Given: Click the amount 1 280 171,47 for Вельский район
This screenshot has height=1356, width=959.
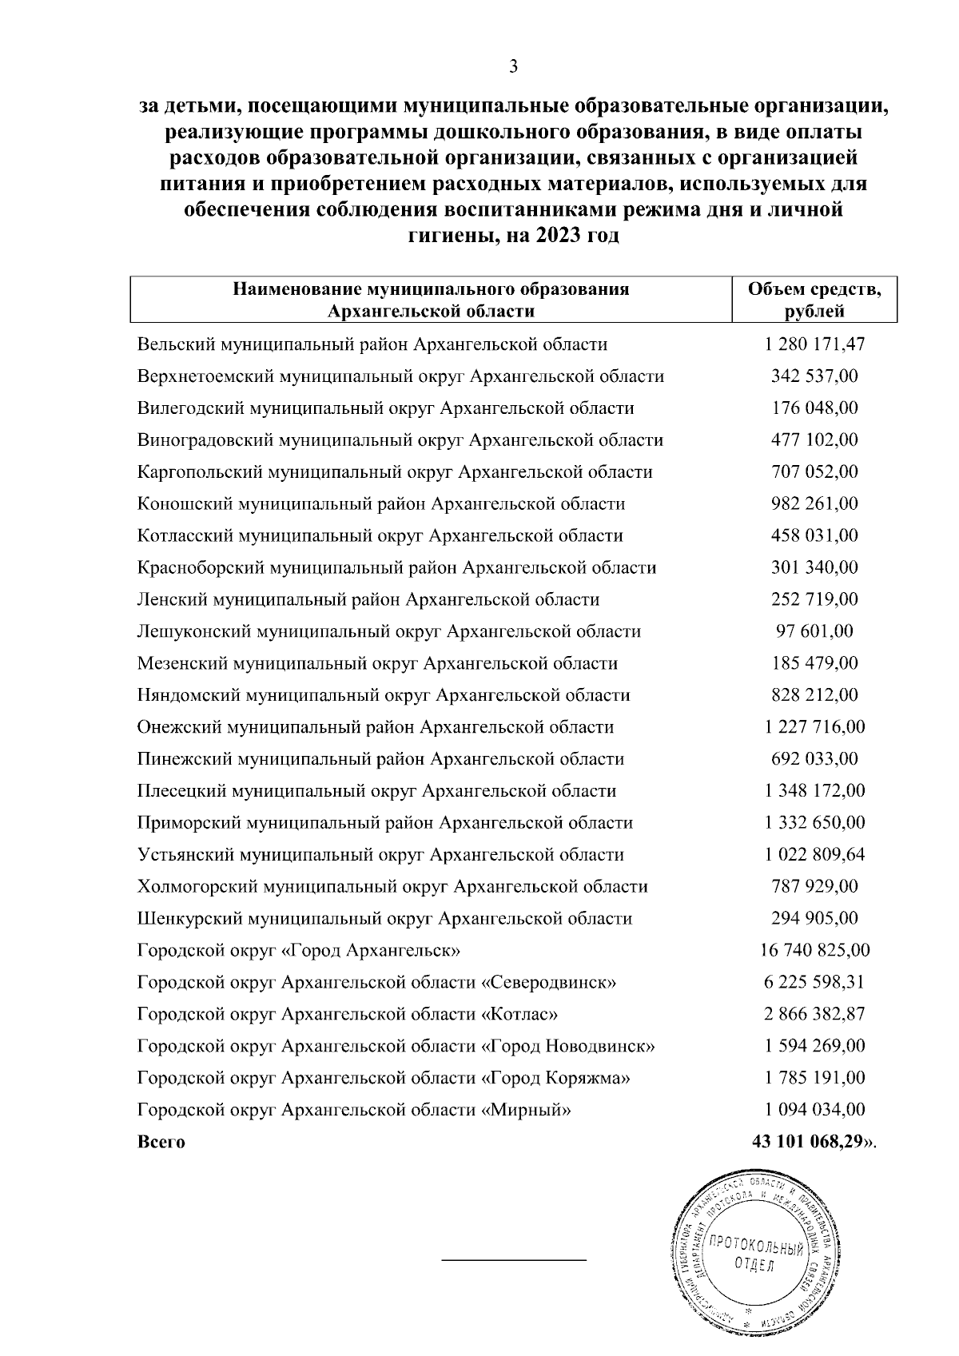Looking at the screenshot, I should point(814,344).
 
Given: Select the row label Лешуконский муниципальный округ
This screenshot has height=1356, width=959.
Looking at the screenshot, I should point(388,631).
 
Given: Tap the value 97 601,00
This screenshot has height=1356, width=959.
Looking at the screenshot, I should point(814,631).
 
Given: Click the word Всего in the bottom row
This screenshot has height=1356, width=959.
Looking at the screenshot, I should point(161,1142).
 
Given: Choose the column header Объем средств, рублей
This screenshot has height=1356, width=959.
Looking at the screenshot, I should point(814,300).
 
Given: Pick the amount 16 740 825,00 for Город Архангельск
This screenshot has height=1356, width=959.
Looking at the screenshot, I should point(814,950).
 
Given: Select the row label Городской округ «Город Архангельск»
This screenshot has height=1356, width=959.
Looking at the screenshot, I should point(298,950).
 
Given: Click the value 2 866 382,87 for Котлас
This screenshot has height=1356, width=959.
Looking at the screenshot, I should point(814,1014).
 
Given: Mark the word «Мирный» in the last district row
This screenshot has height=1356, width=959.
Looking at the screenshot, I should point(527,1110).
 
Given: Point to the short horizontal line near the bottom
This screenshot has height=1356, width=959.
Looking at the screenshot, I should point(514,1261).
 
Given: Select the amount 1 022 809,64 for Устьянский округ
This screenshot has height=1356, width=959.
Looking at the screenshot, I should point(814,854).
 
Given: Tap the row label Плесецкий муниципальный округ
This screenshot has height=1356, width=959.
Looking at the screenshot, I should point(376,791).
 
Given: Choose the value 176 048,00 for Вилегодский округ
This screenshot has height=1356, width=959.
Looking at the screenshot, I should point(814,408).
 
